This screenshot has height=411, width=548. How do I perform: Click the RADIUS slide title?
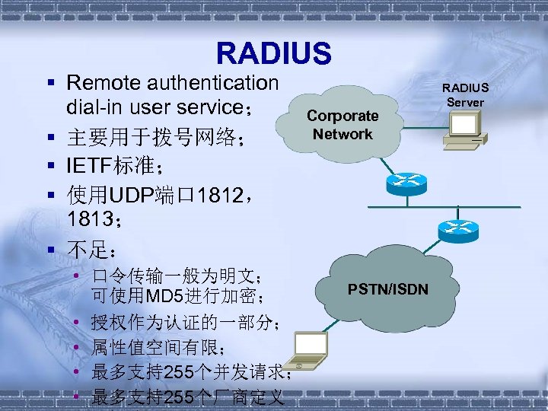[274, 53]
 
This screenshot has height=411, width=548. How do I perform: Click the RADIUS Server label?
[466, 95]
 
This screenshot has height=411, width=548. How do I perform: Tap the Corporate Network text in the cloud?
[342, 125]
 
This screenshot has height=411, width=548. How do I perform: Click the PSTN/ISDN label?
[388, 289]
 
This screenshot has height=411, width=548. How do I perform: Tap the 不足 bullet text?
[91, 250]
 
